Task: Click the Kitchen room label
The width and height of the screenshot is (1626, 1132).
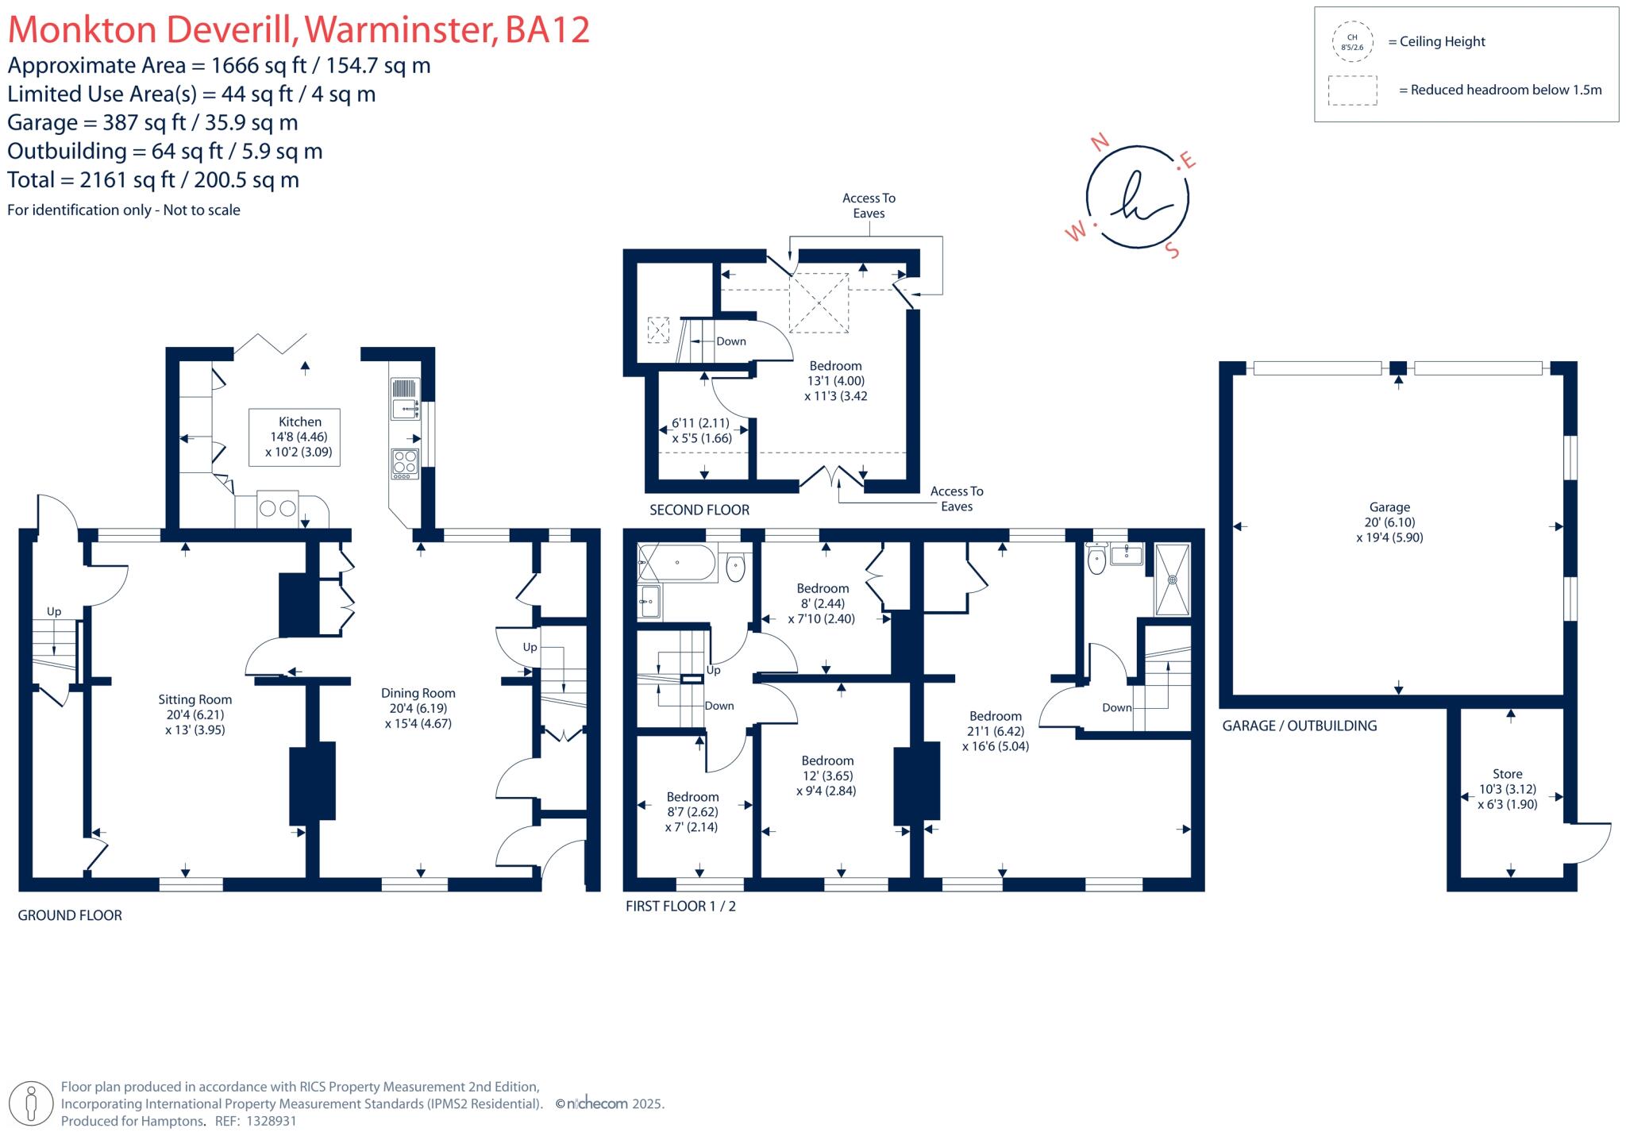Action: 300,422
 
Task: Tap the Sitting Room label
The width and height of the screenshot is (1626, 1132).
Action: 195,699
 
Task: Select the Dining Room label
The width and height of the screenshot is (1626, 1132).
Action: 418,693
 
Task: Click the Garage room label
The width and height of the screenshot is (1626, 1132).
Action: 1389,507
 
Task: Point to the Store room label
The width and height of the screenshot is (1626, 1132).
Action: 1507,774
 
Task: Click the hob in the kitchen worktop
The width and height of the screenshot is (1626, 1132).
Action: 405,464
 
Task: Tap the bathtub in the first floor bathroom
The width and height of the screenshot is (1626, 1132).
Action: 676,562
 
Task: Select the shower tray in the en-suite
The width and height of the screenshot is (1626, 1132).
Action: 1172,579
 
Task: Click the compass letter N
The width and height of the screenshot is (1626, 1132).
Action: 1100,143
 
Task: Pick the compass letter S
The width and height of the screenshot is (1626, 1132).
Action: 1172,251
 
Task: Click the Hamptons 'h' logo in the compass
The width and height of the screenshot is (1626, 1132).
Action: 1137,198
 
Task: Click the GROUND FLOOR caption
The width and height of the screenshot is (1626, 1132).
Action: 70,915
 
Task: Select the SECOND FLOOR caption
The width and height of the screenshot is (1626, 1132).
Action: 699,510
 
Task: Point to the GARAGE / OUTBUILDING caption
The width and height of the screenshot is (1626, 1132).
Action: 1299,726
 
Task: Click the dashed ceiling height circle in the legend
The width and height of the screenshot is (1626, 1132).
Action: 1352,42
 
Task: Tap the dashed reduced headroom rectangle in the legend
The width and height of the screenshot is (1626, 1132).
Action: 1352,90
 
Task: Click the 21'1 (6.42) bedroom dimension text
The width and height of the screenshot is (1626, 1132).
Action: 996,731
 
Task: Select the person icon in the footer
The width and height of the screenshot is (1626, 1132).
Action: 32,1103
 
